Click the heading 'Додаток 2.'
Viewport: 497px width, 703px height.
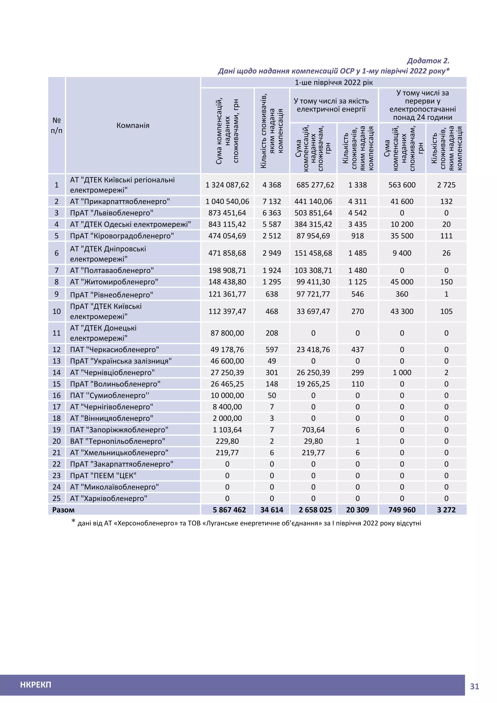428,61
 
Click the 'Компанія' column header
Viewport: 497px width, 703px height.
133,125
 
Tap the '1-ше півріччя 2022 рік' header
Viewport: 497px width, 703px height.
334,82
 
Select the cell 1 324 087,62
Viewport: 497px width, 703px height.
227,185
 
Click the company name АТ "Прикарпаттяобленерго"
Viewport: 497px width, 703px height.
120,201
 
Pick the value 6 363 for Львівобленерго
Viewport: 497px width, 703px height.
272,213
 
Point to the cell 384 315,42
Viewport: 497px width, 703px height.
313,225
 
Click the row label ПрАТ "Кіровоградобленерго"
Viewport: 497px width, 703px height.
122,236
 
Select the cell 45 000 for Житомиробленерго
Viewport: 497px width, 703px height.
402,282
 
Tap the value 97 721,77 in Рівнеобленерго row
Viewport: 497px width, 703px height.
313,294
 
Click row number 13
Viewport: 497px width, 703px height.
57,361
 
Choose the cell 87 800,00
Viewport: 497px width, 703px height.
227,333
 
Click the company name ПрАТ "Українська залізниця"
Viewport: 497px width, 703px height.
121,361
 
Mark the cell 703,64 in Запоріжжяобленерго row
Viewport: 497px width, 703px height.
313,430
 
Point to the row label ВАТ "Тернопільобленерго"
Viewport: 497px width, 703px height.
117,441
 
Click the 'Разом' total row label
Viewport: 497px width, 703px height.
63,510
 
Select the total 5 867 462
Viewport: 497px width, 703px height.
229,510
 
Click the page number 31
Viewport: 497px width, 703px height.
474,686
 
